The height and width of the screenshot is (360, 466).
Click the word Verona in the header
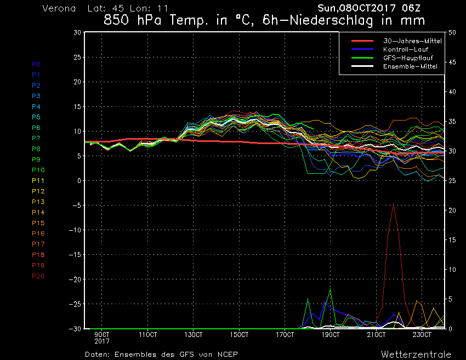coord(59,9)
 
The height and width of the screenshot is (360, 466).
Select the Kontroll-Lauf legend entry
coord(405,50)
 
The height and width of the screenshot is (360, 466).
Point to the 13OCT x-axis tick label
coord(194,334)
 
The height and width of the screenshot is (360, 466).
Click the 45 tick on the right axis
coord(453,62)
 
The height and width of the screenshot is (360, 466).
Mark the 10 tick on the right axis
coord(453,270)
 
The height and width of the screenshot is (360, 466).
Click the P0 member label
coord(36,64)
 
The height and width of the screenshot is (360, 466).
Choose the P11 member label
coord(38,181)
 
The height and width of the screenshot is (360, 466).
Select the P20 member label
coord(38,276)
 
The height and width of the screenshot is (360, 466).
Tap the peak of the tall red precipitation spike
coord(393,204)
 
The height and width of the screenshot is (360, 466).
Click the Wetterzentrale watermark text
coord(416,354)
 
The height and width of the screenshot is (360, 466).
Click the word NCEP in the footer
coord(226,354)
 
